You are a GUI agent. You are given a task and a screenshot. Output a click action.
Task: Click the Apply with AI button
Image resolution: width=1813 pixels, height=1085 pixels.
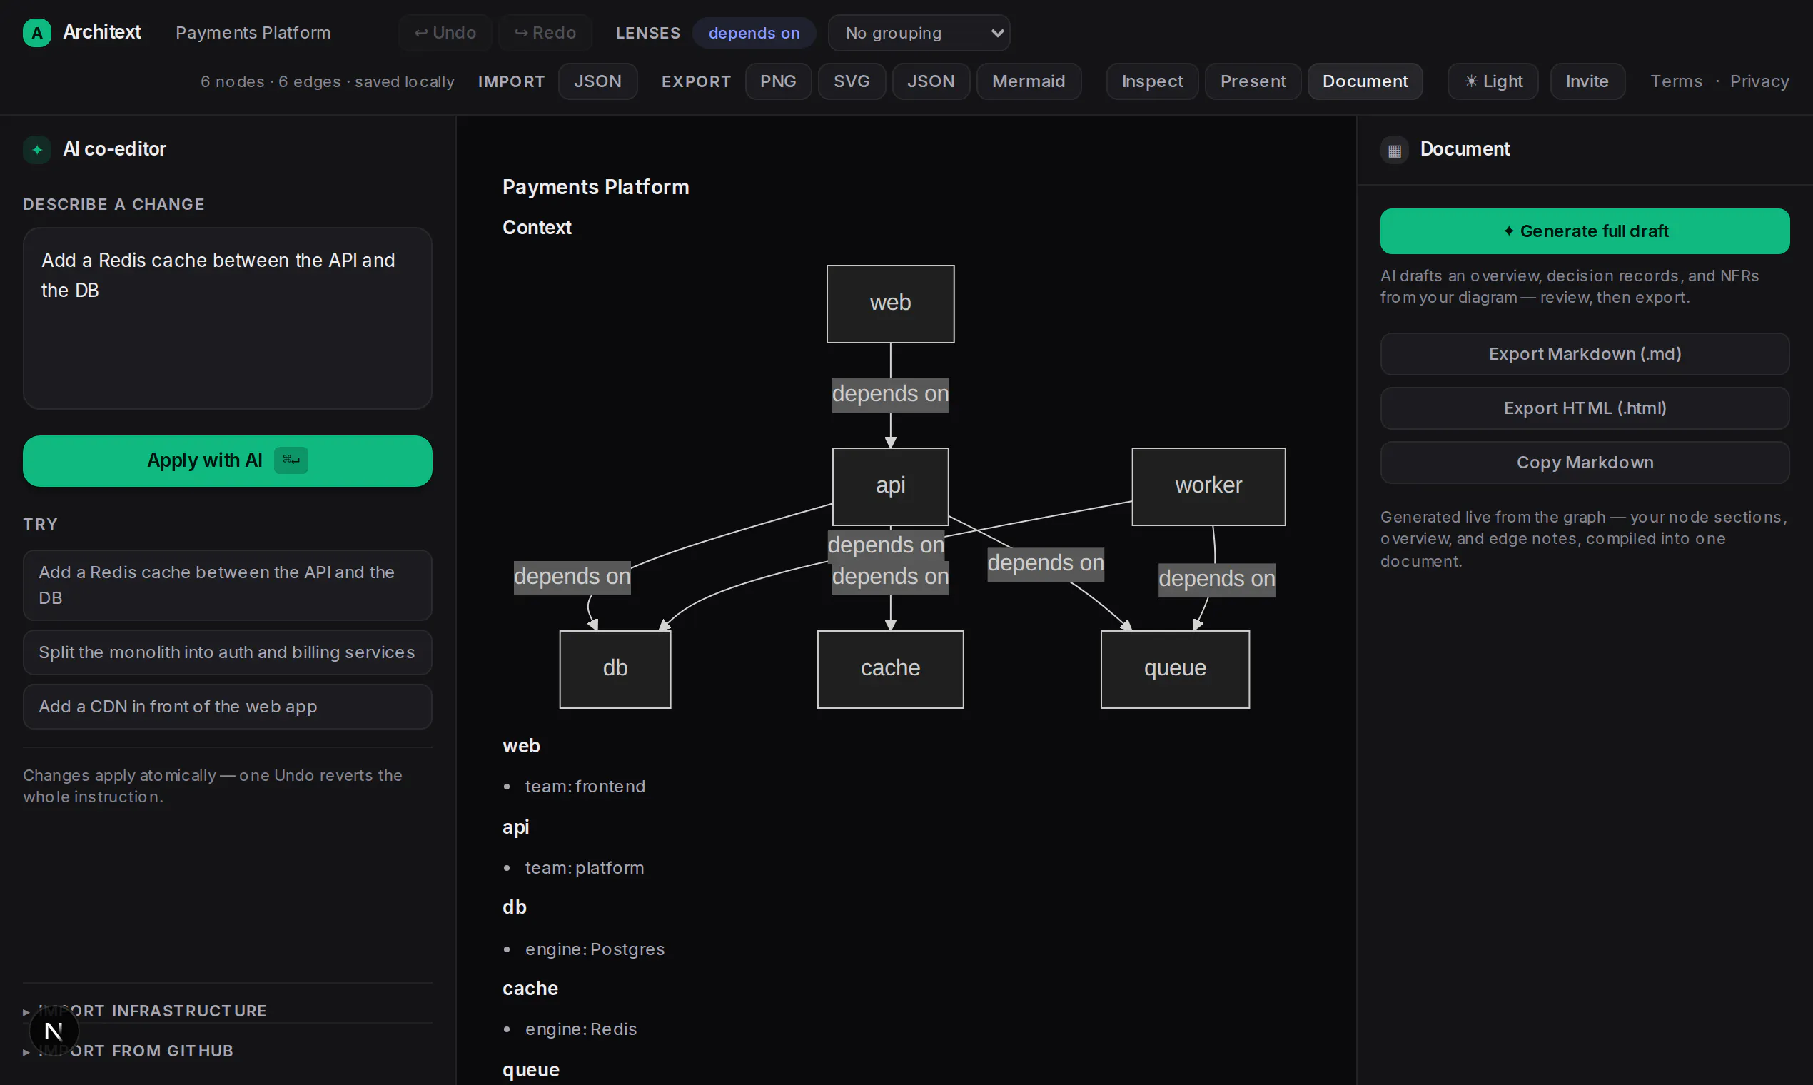(x=228, y=460)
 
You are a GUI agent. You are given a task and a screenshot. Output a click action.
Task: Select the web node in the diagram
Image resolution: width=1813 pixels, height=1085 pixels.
(x=890, y=303)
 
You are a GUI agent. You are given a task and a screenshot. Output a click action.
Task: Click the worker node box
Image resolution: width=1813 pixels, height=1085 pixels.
(x=1208, y=486)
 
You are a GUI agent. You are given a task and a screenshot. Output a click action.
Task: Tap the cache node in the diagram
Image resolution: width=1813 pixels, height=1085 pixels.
(x=890, y=669)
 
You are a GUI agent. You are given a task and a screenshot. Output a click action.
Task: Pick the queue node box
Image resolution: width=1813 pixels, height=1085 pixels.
(x=1175, y=669)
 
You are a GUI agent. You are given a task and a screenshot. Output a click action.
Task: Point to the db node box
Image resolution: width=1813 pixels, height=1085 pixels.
(x=615, y=669)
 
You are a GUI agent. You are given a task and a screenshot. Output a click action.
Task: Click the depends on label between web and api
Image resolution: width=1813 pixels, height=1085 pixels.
(x=890, y=394)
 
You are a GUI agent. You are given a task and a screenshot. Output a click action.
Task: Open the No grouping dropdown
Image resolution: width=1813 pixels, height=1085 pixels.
(x=919, y=33)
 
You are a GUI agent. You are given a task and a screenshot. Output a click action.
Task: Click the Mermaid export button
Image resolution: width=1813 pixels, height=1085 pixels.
(x=1029, y=81)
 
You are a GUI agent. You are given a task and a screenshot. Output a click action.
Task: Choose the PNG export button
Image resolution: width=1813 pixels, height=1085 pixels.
(x=778, y=81)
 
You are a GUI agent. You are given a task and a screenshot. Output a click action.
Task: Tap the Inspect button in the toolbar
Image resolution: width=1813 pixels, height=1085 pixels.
(x=1152, y=81)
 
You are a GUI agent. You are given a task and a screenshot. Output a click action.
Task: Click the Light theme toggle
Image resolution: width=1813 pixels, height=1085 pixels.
(x=1493, y=81)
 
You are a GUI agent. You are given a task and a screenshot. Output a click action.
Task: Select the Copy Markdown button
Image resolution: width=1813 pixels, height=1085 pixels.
(x=1585, y=462)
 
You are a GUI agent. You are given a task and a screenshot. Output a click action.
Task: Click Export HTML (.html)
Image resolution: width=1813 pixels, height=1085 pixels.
(x=1585, y=408)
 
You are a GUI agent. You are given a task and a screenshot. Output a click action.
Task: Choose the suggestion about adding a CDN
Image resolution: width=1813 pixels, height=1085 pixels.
(x=228, y=706)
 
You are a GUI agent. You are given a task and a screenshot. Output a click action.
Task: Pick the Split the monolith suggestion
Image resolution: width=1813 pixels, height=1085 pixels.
(x=228, y=652)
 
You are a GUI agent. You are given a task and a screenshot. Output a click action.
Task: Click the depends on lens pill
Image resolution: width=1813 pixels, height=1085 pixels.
(x=754, y=33)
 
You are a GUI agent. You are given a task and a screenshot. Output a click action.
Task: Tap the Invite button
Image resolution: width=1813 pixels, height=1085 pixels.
(x=1587, y=81)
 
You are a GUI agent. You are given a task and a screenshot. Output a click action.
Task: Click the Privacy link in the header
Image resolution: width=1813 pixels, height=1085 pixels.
(x=1759, y=81)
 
